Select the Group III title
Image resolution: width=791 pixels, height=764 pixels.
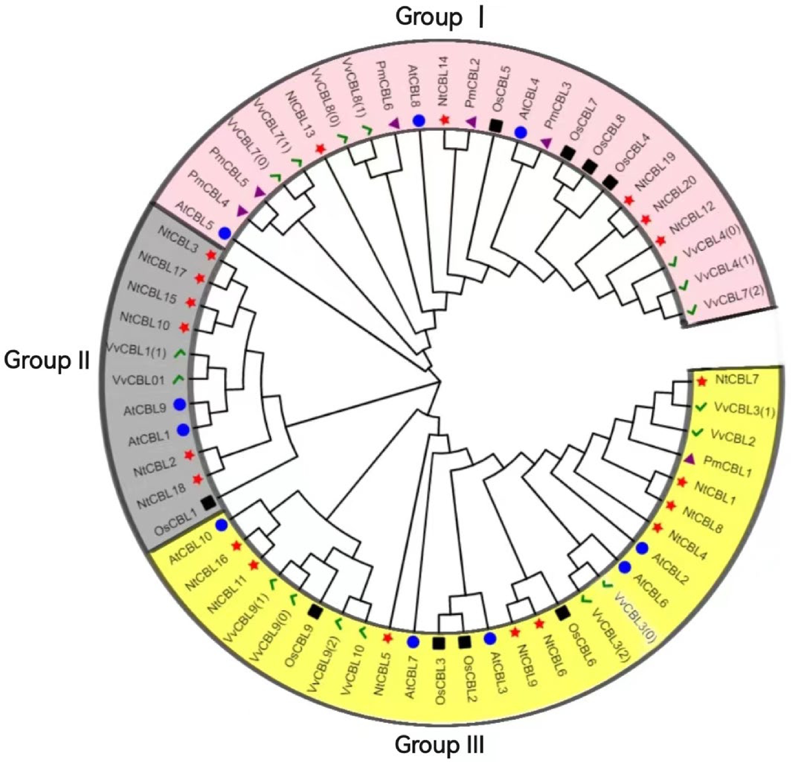pos(440,744)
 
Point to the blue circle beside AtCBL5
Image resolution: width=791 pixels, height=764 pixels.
pos(224,233)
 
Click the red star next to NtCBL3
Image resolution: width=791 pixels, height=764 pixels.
pos(211,255)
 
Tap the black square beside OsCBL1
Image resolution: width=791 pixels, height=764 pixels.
pos(209,503)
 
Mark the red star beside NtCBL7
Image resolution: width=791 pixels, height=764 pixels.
pos(702,381)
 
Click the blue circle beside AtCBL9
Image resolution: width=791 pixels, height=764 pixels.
pos(180,404)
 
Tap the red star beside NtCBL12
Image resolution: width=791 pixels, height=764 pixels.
pos(660,241)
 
